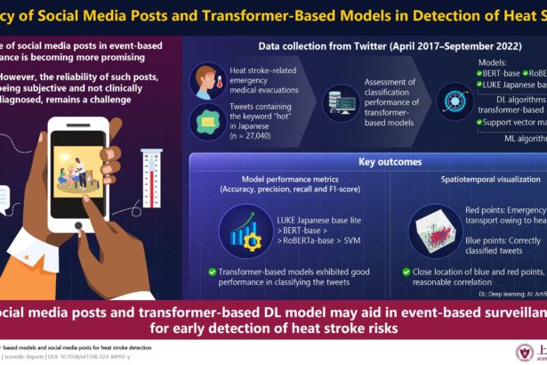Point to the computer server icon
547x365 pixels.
(342, 101)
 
